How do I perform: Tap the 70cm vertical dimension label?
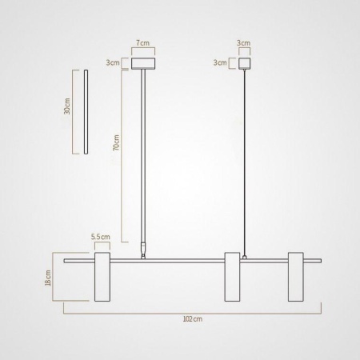[117, 148]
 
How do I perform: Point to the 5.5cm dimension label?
[100, 237]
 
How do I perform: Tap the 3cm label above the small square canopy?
[243, 42]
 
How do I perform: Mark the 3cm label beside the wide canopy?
[114, 62]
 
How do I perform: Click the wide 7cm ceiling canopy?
[145, 62]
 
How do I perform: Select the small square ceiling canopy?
[243, 62]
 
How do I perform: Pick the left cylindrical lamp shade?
[104, 278]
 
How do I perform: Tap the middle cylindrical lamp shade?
[233, 278]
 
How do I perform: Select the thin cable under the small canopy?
[242, 160]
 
